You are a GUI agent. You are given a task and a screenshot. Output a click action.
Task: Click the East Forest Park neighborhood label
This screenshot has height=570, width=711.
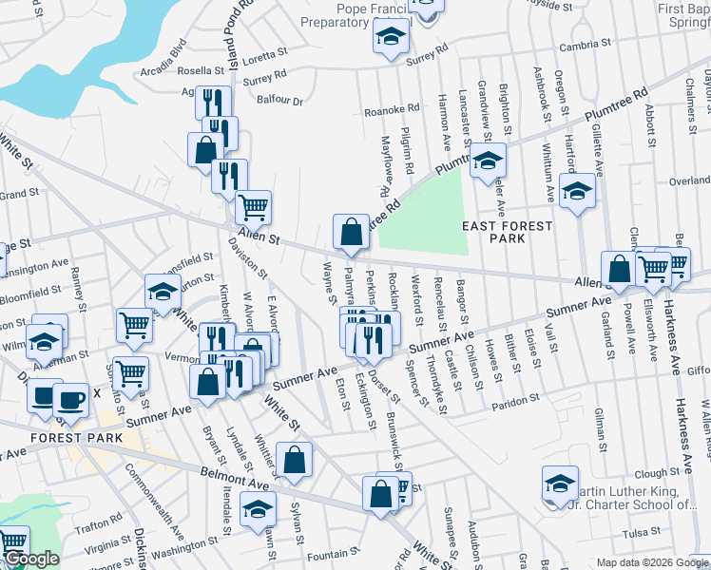[x=507, y=232]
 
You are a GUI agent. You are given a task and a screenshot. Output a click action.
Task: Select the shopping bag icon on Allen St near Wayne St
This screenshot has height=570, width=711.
[x=351, y=231]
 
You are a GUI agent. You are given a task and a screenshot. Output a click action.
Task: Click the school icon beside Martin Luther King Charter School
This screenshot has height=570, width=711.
[x=560, y=483]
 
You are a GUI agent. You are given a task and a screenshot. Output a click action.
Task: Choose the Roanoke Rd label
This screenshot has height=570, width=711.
[x=392, y=109]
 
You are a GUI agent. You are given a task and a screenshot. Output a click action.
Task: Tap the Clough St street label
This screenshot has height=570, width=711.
[x=658, y=473]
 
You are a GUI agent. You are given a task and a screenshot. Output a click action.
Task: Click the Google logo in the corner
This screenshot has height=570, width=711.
[x=31, y=559]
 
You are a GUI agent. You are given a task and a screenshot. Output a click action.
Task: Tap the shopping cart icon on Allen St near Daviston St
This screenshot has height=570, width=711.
[x=253, y=206]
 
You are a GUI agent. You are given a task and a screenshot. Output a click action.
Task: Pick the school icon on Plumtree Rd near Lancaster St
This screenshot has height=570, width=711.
[x=488, y=159]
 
